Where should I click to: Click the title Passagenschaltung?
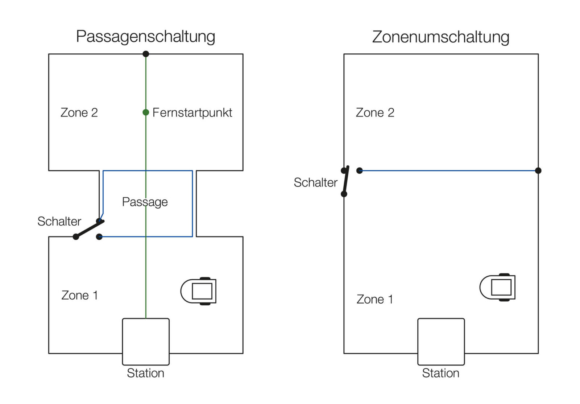pos(145,37)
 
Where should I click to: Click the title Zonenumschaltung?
pos(440,37)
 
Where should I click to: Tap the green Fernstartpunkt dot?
pos(146,112)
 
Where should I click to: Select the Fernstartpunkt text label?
pos(192,112)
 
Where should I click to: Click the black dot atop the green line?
pos(146,54)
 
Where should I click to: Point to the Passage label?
pos(145,202)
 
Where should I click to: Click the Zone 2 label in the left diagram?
pos(79,112)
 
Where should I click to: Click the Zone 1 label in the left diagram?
pos(79,295)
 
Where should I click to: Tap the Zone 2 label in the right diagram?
pos(375,112)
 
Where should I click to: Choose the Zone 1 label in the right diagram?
pos(375,299)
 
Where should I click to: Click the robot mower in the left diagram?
pos(199,291)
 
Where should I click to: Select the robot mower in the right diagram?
pos(498,287)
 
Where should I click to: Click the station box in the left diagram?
pos(146,341)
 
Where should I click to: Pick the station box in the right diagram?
pos(441,341)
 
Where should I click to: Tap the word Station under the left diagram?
pos(145,373)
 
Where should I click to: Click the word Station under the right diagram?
pos(440,373)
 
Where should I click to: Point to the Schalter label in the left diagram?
pos(59,221)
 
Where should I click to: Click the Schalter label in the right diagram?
pos(315,182)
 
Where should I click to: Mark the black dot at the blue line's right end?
pos(538,170)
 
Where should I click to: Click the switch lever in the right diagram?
pos(346,181)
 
